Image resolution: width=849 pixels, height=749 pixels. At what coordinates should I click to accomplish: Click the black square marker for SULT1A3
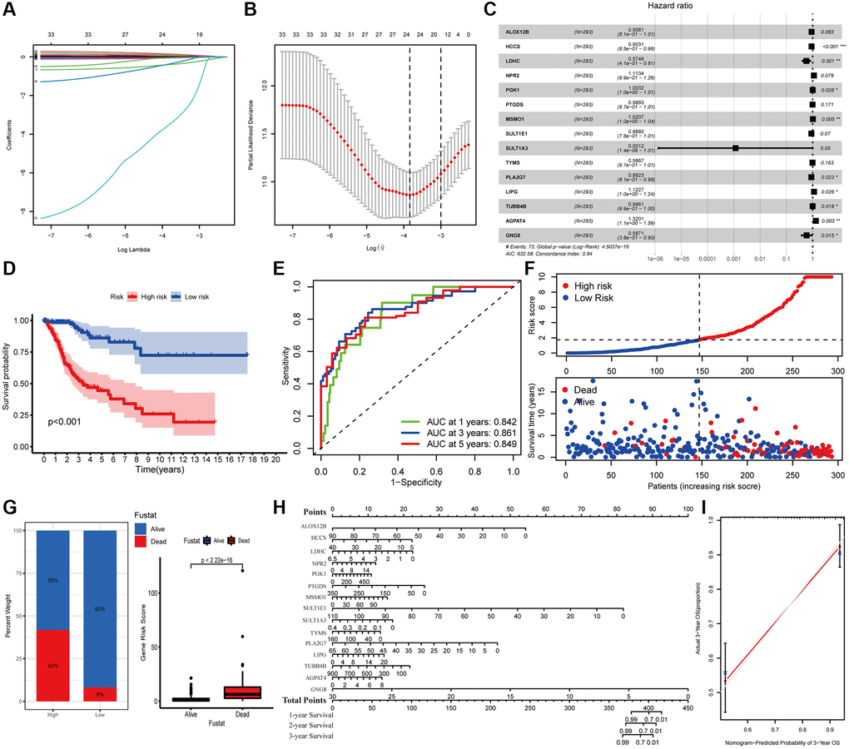(736, 147)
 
